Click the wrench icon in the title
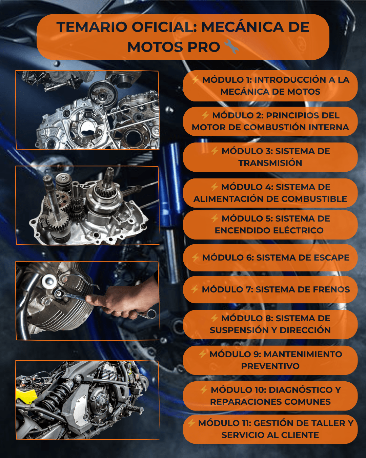click(x=231, y=46)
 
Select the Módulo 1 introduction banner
click(x=270, y=86)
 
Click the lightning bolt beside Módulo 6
click(x=195, y=257)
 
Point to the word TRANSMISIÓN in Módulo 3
click(x=270, y=163)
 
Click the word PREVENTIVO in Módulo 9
click(x=270, y=366)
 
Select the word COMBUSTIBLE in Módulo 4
click(x=314, y=199)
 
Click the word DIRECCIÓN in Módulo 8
click(x=305, y=330)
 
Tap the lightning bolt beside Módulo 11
click(x=191, y=423)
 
